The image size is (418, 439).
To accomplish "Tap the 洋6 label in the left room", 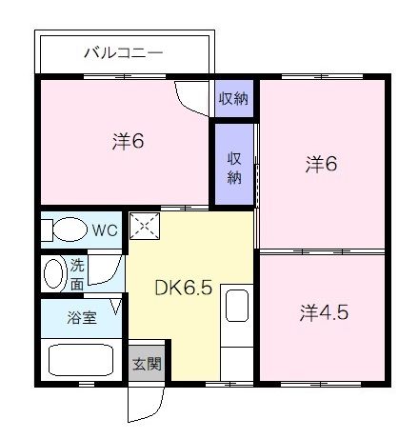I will [127, 142].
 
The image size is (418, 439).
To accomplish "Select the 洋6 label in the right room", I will [321, 164].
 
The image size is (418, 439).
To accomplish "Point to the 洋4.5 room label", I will [320, 310].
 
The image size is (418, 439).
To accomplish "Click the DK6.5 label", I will [183, 286].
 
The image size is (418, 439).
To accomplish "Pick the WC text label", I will [106, 229].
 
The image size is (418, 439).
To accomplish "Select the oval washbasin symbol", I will [53, 273].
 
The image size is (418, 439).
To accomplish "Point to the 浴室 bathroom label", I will [79, 318].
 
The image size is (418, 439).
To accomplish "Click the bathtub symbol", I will [80, 360].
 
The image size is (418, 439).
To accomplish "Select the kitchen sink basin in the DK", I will [235, 307].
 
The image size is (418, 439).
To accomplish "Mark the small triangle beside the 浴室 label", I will [115, 307].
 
